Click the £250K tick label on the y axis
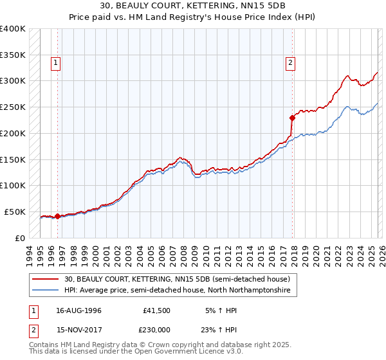tap(12, 107)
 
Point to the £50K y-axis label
tap(14, 212)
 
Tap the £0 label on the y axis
tap(19, 238)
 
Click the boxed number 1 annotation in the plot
tap(57, 63)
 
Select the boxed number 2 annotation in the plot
tap(291, 63)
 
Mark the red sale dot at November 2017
tap(292, 118)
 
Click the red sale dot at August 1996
tap(57, 216)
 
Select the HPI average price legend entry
tap(178, 291)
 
